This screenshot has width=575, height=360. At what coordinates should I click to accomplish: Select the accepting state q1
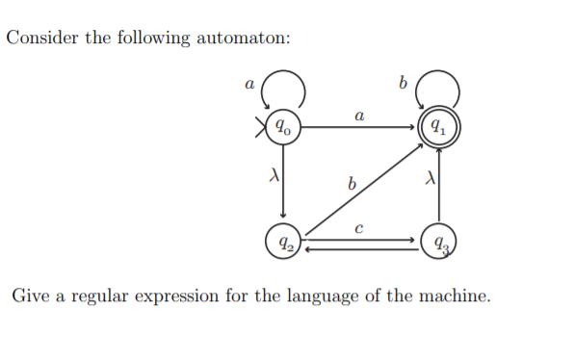438,126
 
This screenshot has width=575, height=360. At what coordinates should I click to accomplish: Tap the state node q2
283,241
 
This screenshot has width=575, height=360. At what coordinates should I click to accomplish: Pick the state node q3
438,241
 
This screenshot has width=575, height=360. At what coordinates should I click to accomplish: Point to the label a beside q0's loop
249,84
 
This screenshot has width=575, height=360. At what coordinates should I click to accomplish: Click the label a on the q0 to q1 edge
358,115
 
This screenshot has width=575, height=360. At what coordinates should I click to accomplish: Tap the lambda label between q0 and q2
273,177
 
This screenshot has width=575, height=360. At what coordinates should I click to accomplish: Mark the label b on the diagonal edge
352,180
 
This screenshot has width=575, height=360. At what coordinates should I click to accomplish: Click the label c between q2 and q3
358,228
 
